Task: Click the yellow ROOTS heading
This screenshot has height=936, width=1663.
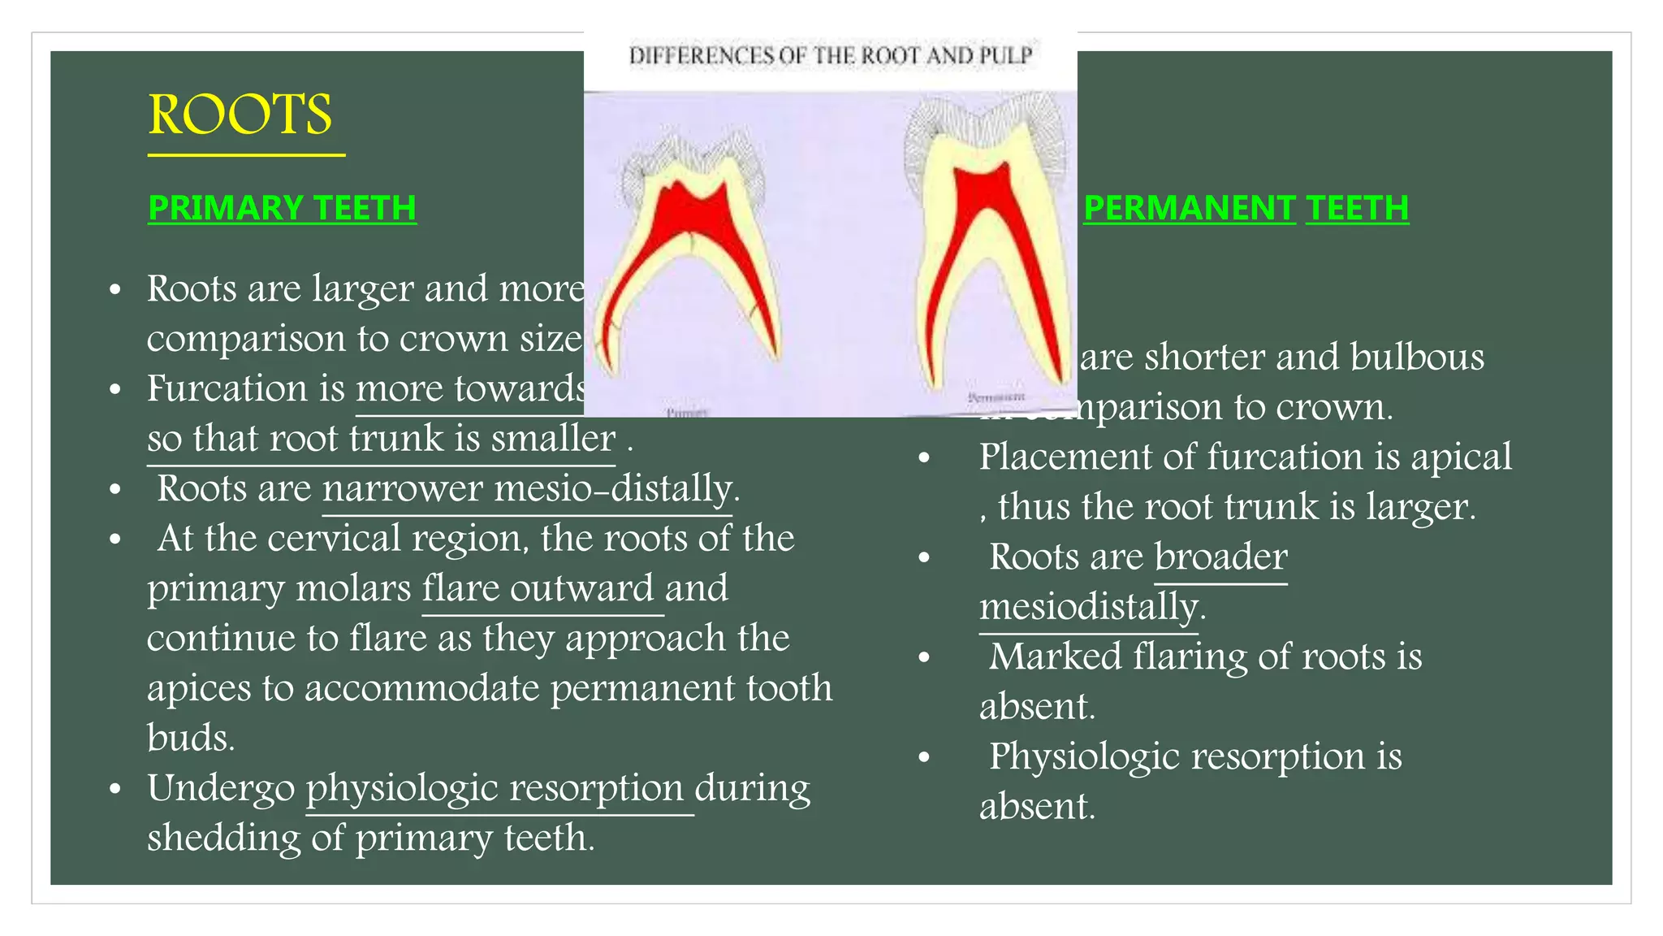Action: point(240,115)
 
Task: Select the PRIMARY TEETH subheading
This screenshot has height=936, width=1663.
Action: point(282,208)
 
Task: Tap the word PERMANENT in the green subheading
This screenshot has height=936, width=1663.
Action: point(1189,208)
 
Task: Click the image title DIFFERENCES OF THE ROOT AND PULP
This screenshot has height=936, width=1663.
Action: point(830,56)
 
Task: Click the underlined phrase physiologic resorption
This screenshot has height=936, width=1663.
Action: point(495,788)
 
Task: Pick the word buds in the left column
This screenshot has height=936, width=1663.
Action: point(190,738)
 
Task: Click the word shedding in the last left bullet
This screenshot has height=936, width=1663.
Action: point(223,838)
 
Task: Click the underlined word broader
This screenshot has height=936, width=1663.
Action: point(1220,557)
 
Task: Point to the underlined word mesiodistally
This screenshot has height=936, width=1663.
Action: point(1088,607)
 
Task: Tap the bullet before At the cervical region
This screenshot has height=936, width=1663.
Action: point(115,539)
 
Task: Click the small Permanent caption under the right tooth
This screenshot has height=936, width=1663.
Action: point(996,396)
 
